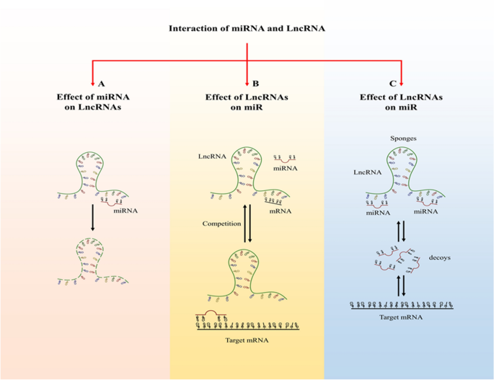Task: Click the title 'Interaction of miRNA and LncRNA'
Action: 247,29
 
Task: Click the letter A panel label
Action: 92,84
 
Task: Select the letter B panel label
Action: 247,84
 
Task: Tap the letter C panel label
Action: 401,84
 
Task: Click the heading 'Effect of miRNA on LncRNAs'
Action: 92,101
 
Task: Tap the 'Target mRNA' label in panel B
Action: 247,339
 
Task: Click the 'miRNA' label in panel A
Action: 131,211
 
